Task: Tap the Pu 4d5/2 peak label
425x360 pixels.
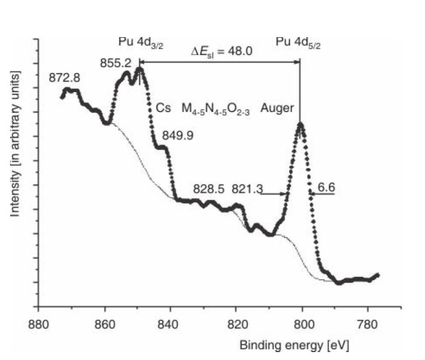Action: [299, 43]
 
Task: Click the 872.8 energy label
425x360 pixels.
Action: [65, 79]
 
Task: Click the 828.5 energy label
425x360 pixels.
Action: [209, 189]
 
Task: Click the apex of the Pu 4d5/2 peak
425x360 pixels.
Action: [300, 124]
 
